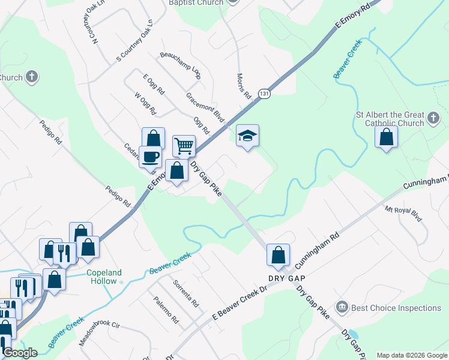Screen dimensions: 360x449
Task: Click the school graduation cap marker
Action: click(x=247, y=136)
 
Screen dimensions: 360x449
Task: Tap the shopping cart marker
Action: click(x=184, y=145)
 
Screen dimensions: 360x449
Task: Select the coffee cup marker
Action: click(x=150, y=157)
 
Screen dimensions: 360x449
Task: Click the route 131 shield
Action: click(x=265, y=94)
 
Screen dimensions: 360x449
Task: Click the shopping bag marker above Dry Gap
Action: click(x=279, y=254)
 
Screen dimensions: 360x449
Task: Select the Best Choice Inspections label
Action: click(x=396, y=308)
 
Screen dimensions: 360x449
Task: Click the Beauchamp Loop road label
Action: click(x=179, y=65)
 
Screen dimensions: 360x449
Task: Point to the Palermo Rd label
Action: click(x=165, y=311)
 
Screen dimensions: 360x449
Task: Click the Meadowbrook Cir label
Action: click(x=100, y=334)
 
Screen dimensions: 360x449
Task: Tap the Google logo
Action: click(x=20, y=353)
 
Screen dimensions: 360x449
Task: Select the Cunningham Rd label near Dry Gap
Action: click(x=318, y=250)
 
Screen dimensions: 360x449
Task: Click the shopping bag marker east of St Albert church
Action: click(x=386, y=137)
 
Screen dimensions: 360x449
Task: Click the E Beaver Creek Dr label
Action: click(x=240, y=304)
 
